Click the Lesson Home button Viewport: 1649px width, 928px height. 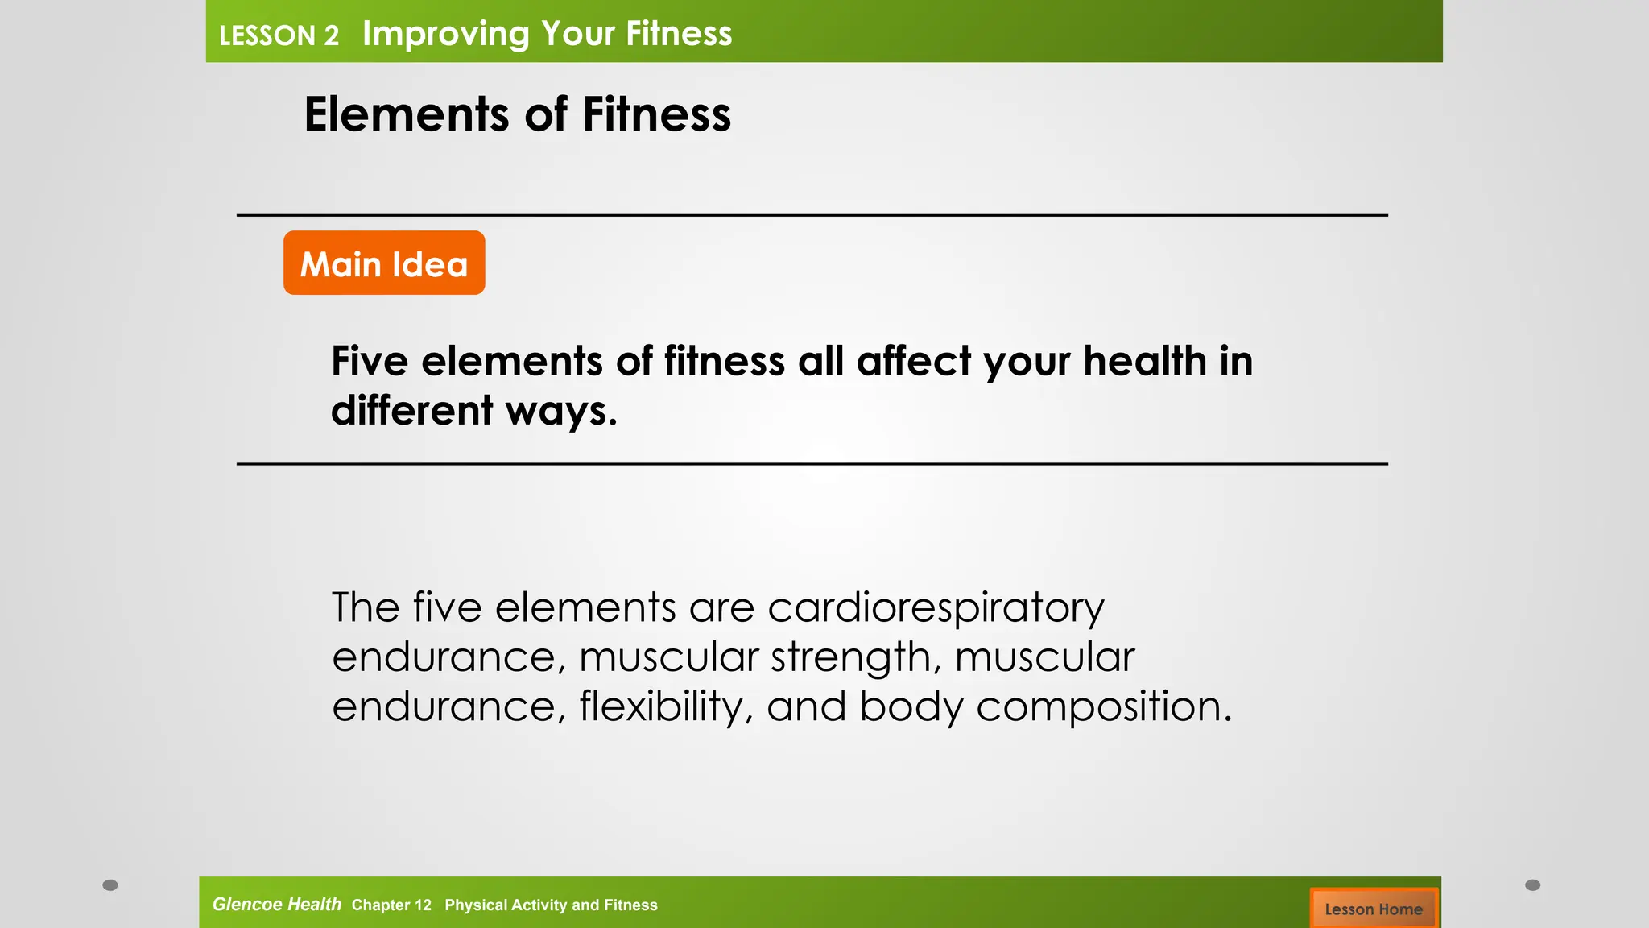[x=1373, y=909]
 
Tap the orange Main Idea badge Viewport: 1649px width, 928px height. [x=384, y=263]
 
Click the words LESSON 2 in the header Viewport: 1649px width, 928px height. [x=279, y=35]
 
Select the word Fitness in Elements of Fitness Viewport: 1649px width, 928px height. [x=656, y=114]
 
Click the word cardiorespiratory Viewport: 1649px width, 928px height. [x=936, y=608]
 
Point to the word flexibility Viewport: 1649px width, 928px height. [x=666, y=707]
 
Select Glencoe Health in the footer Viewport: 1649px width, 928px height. [x=276, y=904]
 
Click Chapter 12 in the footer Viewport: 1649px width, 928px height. [x=391, y=905]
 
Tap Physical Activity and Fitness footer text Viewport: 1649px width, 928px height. [x=551, y=905]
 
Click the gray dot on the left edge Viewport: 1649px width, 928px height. [x=110, y=884]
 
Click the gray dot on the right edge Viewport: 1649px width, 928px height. [x=1532, y=884]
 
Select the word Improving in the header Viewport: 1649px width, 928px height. [x=445, y=34]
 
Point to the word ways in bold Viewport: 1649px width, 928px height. [x=560, y=412]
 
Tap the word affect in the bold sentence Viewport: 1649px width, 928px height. [x=913, y=361]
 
